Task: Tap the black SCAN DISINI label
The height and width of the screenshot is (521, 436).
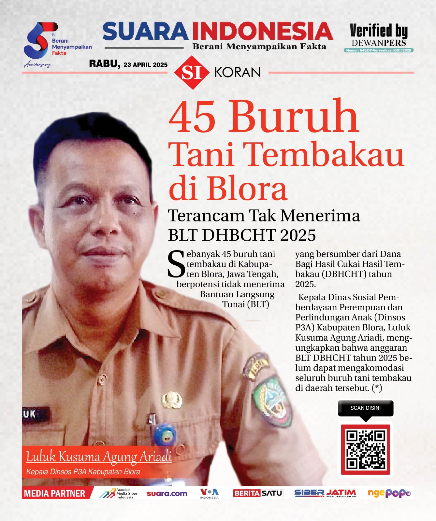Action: click(365, 408)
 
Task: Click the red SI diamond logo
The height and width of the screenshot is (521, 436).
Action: click(191, 73)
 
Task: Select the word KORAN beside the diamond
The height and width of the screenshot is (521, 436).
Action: click(238, 73)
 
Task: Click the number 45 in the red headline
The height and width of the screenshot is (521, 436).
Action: click(192, 117)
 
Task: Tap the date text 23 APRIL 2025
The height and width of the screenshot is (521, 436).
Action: click(145, 65)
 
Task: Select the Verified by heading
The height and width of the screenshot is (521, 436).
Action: click(378, 31)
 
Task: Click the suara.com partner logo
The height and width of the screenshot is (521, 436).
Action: click(167, 494)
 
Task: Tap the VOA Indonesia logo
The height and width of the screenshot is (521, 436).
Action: click(209, 493)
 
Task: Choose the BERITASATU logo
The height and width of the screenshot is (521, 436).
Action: click(258, 493)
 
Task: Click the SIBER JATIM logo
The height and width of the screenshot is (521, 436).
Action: click(325, 493)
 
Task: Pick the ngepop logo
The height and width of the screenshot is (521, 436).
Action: click(389, 493)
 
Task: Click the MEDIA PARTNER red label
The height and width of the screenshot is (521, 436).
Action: click(55, 493)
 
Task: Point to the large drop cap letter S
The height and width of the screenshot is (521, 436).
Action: click(176, 264)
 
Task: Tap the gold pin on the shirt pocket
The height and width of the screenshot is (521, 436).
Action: click(172, 400)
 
